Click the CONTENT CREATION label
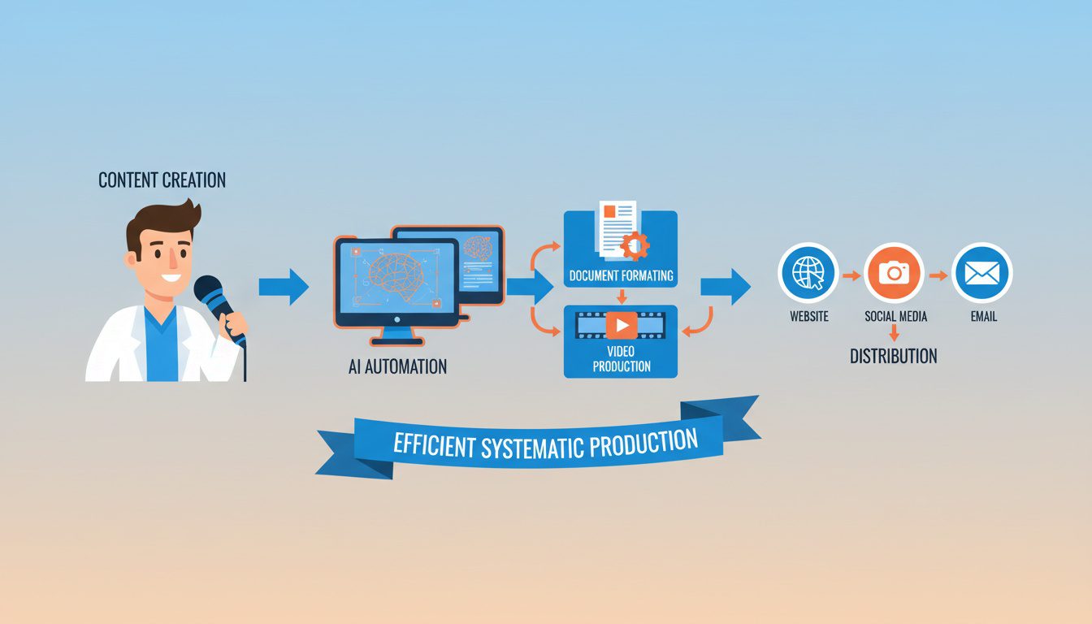click(x=162, y=180)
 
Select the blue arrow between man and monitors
click(x=284, y=287)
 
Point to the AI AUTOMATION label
click(x=397, y=366)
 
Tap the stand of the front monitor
click(x=396, y=333)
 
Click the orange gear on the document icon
click(x=635, y=244)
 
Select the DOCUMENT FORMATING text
click(x=621, y=275)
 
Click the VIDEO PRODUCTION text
click(x=621, y=358)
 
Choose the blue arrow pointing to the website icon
click(x=725, y=287)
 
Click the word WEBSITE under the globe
click(x=808, y=316)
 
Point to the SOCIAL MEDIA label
click(x=895, y=316)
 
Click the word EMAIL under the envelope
click(x=983, y=316)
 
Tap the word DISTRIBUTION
click(x=893, y=356)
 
